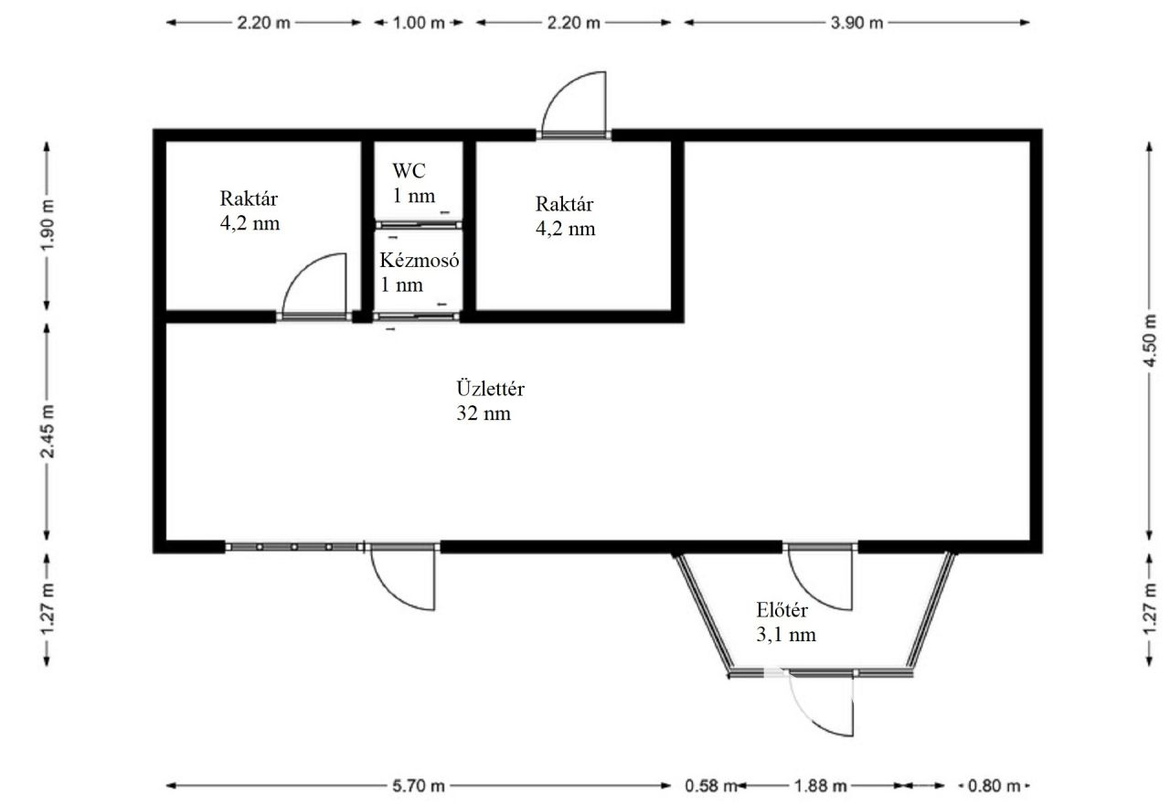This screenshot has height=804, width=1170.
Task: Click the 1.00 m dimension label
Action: tap(419, 23)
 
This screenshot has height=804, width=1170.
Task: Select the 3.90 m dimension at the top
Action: tap(856, 23)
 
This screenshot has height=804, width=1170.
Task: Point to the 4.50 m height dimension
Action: tap(1150, 341)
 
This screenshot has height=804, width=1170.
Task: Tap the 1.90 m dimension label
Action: tap(48, 225)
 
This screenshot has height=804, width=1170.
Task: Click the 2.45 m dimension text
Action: tap(48, 432)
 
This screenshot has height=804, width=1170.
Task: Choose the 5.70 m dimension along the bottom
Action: tap(419, 785)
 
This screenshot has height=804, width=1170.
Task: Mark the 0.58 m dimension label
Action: tap(710, 785)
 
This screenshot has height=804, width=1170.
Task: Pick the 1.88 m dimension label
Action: tap(821, 785)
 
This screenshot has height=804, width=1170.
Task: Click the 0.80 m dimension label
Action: tap(994, 785)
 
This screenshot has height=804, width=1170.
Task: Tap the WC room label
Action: tap(409, 171)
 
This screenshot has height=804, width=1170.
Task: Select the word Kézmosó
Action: tap(420, 260)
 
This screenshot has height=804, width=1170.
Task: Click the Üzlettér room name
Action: tap(491, 389)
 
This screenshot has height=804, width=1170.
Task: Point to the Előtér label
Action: tap(782, 610)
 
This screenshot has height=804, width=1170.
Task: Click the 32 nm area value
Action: tap(484, 413)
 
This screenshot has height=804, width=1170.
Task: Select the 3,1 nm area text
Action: tap(786, 635)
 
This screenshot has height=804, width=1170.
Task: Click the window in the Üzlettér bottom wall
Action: tap(295, 547)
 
